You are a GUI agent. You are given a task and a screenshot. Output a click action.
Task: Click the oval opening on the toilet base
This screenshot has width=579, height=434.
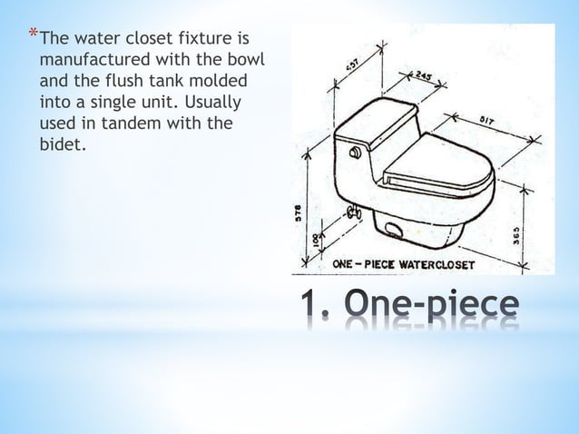coord(393,230)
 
